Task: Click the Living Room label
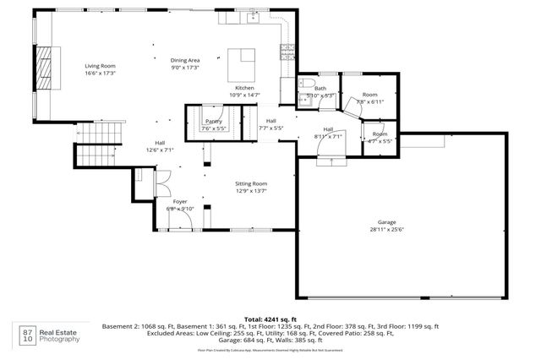[100, 66]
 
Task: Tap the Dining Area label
[185, 60]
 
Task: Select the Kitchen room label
[244, 88]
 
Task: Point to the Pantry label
[213, 122]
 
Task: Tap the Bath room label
[320, 88]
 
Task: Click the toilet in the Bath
[303, 99]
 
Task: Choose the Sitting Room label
[251, 183]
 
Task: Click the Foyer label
[180, 202]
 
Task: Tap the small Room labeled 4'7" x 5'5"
[380, 137]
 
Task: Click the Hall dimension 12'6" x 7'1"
[159, 150]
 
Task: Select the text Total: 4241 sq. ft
[270, 318]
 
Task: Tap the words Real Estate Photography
[61, 336]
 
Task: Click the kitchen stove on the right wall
[287, 52]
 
